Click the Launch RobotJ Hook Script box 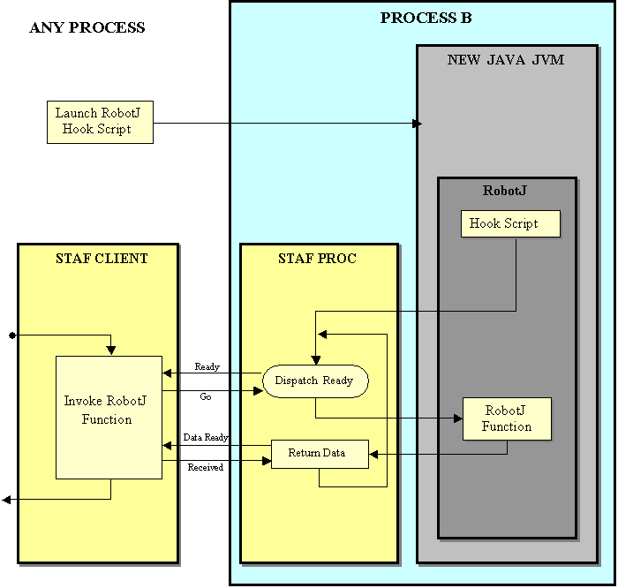100,122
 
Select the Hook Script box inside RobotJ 510,223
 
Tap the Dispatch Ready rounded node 315,381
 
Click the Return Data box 319,453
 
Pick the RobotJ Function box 507,418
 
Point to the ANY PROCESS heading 87,27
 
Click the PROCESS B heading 426,18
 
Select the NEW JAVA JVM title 505,60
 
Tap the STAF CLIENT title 98,259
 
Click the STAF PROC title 317,259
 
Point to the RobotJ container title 505,191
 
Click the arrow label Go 206,397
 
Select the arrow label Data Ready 206,437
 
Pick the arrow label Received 206,467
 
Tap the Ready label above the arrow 207,366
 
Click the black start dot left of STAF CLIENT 11,335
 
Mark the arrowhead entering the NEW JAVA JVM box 418,124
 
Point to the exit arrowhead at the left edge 6,500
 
